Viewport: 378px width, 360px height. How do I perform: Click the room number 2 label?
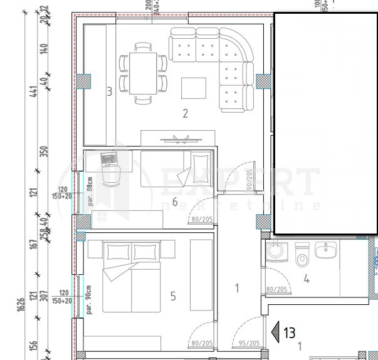185,113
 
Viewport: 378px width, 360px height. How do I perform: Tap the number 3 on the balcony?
109,92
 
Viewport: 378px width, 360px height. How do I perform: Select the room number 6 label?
175,202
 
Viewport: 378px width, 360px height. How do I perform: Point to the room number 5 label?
173,296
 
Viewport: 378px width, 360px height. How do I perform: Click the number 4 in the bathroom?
307,279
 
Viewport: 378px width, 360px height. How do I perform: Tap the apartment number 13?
289,332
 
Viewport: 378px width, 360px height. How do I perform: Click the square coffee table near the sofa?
193,87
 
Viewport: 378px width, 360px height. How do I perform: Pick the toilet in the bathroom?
302,256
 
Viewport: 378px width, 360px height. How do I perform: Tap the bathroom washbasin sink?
327,252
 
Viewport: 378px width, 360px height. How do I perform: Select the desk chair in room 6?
111,176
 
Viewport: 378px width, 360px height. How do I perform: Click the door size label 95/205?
249,343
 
